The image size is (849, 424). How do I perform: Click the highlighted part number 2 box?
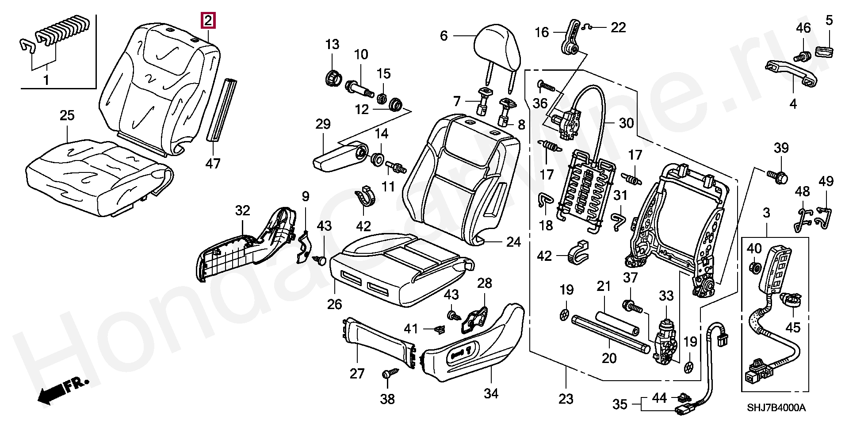pos(208,21)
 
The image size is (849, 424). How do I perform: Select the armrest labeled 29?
pos(340,157)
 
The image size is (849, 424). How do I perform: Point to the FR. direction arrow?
pos(64,390)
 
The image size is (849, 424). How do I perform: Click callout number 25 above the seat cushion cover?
pos(67,116)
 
